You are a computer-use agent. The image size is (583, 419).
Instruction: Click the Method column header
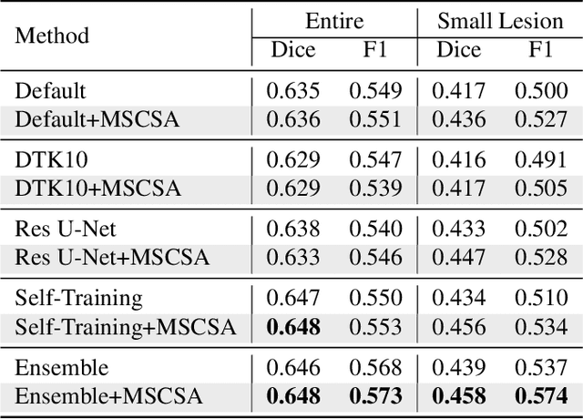tap(52, 36)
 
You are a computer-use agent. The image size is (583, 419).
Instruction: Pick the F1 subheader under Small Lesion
tap(541, 50)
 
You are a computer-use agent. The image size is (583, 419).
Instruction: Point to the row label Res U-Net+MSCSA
tap(111, 258)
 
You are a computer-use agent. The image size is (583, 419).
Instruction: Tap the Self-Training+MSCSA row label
tap(125, 327)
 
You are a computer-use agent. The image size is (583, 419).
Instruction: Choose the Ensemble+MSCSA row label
tap(108, 396)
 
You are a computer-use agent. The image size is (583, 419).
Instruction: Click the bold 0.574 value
tap(542, 396)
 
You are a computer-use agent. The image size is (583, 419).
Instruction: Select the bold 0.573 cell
tap(375, 396)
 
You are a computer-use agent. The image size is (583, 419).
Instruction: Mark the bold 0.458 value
tap(458, 396)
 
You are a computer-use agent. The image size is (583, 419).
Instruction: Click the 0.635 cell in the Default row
tap(292, 92)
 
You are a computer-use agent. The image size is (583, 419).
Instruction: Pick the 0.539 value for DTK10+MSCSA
tap(375, 189)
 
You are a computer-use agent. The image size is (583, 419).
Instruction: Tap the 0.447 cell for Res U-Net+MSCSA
tap(458, 258)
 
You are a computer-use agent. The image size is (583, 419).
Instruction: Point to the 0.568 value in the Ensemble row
tap(375, 369)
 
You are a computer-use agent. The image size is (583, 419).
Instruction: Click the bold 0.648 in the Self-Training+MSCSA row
tap(292, 327)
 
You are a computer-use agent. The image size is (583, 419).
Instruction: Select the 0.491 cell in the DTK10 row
tap(542, 161)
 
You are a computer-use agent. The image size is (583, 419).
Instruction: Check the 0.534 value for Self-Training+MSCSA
tap(542, 327)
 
